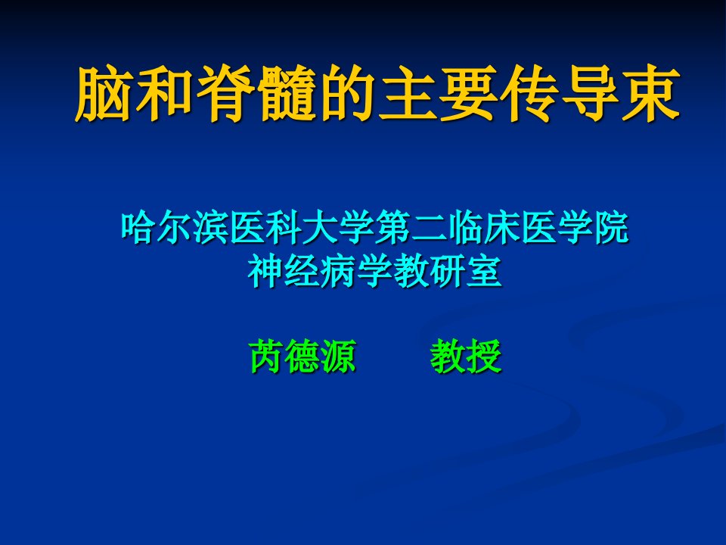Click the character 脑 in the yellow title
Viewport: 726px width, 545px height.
tap(104, 93)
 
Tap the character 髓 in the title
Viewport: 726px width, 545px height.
tap(288, 93)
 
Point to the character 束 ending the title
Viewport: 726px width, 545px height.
tap(650, 93)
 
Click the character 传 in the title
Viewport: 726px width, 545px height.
tap(529, 93)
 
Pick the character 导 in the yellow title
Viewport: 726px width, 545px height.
tap(590, 93)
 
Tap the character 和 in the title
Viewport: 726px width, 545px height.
tap(166, 93)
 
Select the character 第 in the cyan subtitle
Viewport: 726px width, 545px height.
tap(392, 228)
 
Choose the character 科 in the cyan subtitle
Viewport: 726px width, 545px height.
tap(284, 228)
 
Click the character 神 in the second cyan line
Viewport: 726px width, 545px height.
tap(265, 271)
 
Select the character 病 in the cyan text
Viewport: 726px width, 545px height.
tap(338, 271)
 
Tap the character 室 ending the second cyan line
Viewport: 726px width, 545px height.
tap(484, 271)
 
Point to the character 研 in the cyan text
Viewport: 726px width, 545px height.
tap(447, 271)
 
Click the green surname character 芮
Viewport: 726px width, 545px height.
tap(267, 357)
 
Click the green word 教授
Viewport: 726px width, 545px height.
tap(466, 357)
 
